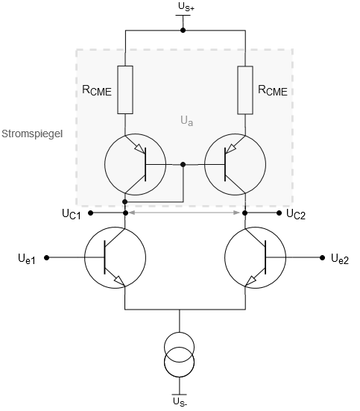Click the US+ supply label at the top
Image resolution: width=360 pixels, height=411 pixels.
(x=186, y=7)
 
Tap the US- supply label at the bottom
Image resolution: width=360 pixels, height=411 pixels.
(x=180, y=401)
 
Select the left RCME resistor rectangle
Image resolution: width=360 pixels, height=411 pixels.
(x=125, y=90)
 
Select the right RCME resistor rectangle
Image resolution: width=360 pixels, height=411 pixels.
(x=245, y=90)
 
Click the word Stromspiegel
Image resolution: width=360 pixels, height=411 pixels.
(x=32, y=134)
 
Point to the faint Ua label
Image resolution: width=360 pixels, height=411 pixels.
(x=186, y=121)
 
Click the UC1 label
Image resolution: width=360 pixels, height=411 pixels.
(x=72, y=214)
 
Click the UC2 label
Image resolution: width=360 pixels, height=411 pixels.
(x=296, y=214)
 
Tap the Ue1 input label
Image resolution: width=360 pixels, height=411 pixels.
(x=27, y=259)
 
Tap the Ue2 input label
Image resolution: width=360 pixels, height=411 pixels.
(x=340, y=259)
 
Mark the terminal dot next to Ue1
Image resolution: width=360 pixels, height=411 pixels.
(x=47, y=257)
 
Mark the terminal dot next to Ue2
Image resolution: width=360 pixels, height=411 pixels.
(x=322, y=257)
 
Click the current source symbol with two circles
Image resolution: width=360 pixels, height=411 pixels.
(x=179, y=354)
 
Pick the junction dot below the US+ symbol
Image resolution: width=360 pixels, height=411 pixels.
(x=183, y=31)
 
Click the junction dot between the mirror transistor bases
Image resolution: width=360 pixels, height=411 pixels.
(x=183, y=164)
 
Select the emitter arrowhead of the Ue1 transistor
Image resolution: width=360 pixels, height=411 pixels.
(x=120, y=280)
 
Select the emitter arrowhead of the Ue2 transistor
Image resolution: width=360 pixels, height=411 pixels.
(x=250, y=281)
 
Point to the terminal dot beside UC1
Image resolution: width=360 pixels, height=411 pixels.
(x=90, y=213)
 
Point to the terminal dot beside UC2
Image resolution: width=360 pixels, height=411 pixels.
(x=279, y=213)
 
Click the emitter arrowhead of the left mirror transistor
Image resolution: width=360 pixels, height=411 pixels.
(x=139, y=149)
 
